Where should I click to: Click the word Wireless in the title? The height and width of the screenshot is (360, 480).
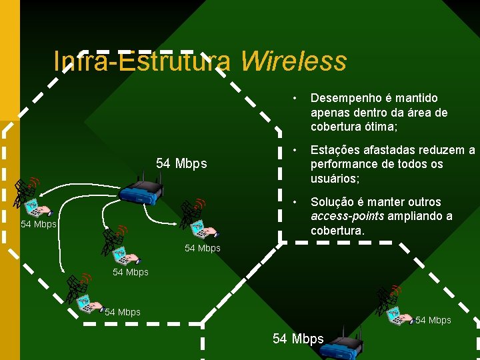point(293,61)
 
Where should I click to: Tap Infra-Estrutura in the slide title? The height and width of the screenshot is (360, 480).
point(142,61)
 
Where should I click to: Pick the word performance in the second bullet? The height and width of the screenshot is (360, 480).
point(343,164)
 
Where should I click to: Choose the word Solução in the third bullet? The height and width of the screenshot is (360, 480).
point(333,202)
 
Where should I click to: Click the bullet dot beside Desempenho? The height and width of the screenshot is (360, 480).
point(293,98)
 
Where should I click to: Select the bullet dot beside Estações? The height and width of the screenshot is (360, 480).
point(293,150)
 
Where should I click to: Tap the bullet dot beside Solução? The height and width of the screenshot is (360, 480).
point(293,202)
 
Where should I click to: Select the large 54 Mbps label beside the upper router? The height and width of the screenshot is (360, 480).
point(181,163)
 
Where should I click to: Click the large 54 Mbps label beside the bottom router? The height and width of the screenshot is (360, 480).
point(298,339)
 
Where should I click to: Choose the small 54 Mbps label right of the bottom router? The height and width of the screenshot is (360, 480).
point(433,321)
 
